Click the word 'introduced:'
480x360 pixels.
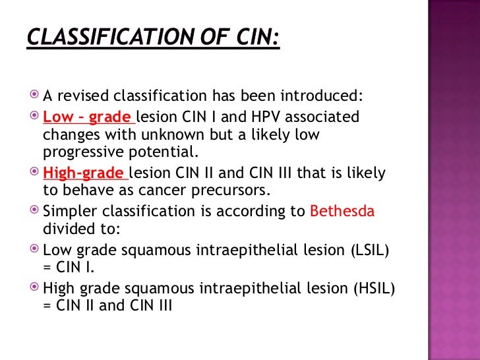tap(326, 98)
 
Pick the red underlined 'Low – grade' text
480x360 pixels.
tap(86, 117)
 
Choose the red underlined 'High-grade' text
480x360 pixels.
tap(84, 173)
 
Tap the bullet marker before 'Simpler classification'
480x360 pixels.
tap(35, 212)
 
